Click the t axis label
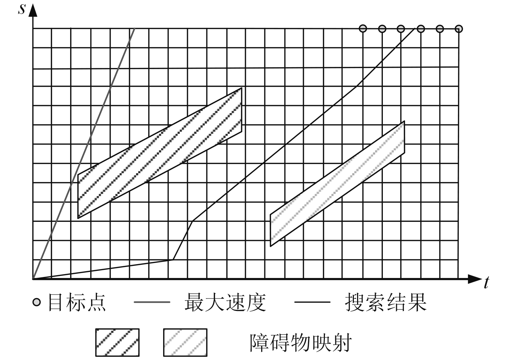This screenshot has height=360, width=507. pos(486,283)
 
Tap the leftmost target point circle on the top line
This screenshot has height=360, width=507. pos(363,28)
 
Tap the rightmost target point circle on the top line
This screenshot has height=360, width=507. pos(459,29)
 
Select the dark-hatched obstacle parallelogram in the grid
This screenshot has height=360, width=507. pos(160,153)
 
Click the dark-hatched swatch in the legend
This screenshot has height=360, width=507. pos(117,342)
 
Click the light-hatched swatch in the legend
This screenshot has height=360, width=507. pos(185,342)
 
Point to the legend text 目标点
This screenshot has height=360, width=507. pos(77,302)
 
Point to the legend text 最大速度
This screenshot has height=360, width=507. pos(225,302)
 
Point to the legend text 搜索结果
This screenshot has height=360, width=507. pos(386,302)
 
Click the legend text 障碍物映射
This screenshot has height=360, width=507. pos(300,342)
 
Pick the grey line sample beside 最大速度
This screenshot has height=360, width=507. pos(152,302)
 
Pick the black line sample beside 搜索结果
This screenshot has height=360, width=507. pos(312,302)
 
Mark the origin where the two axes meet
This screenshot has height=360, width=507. pos(33,279)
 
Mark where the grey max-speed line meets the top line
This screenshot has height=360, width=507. pos(135,28)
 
